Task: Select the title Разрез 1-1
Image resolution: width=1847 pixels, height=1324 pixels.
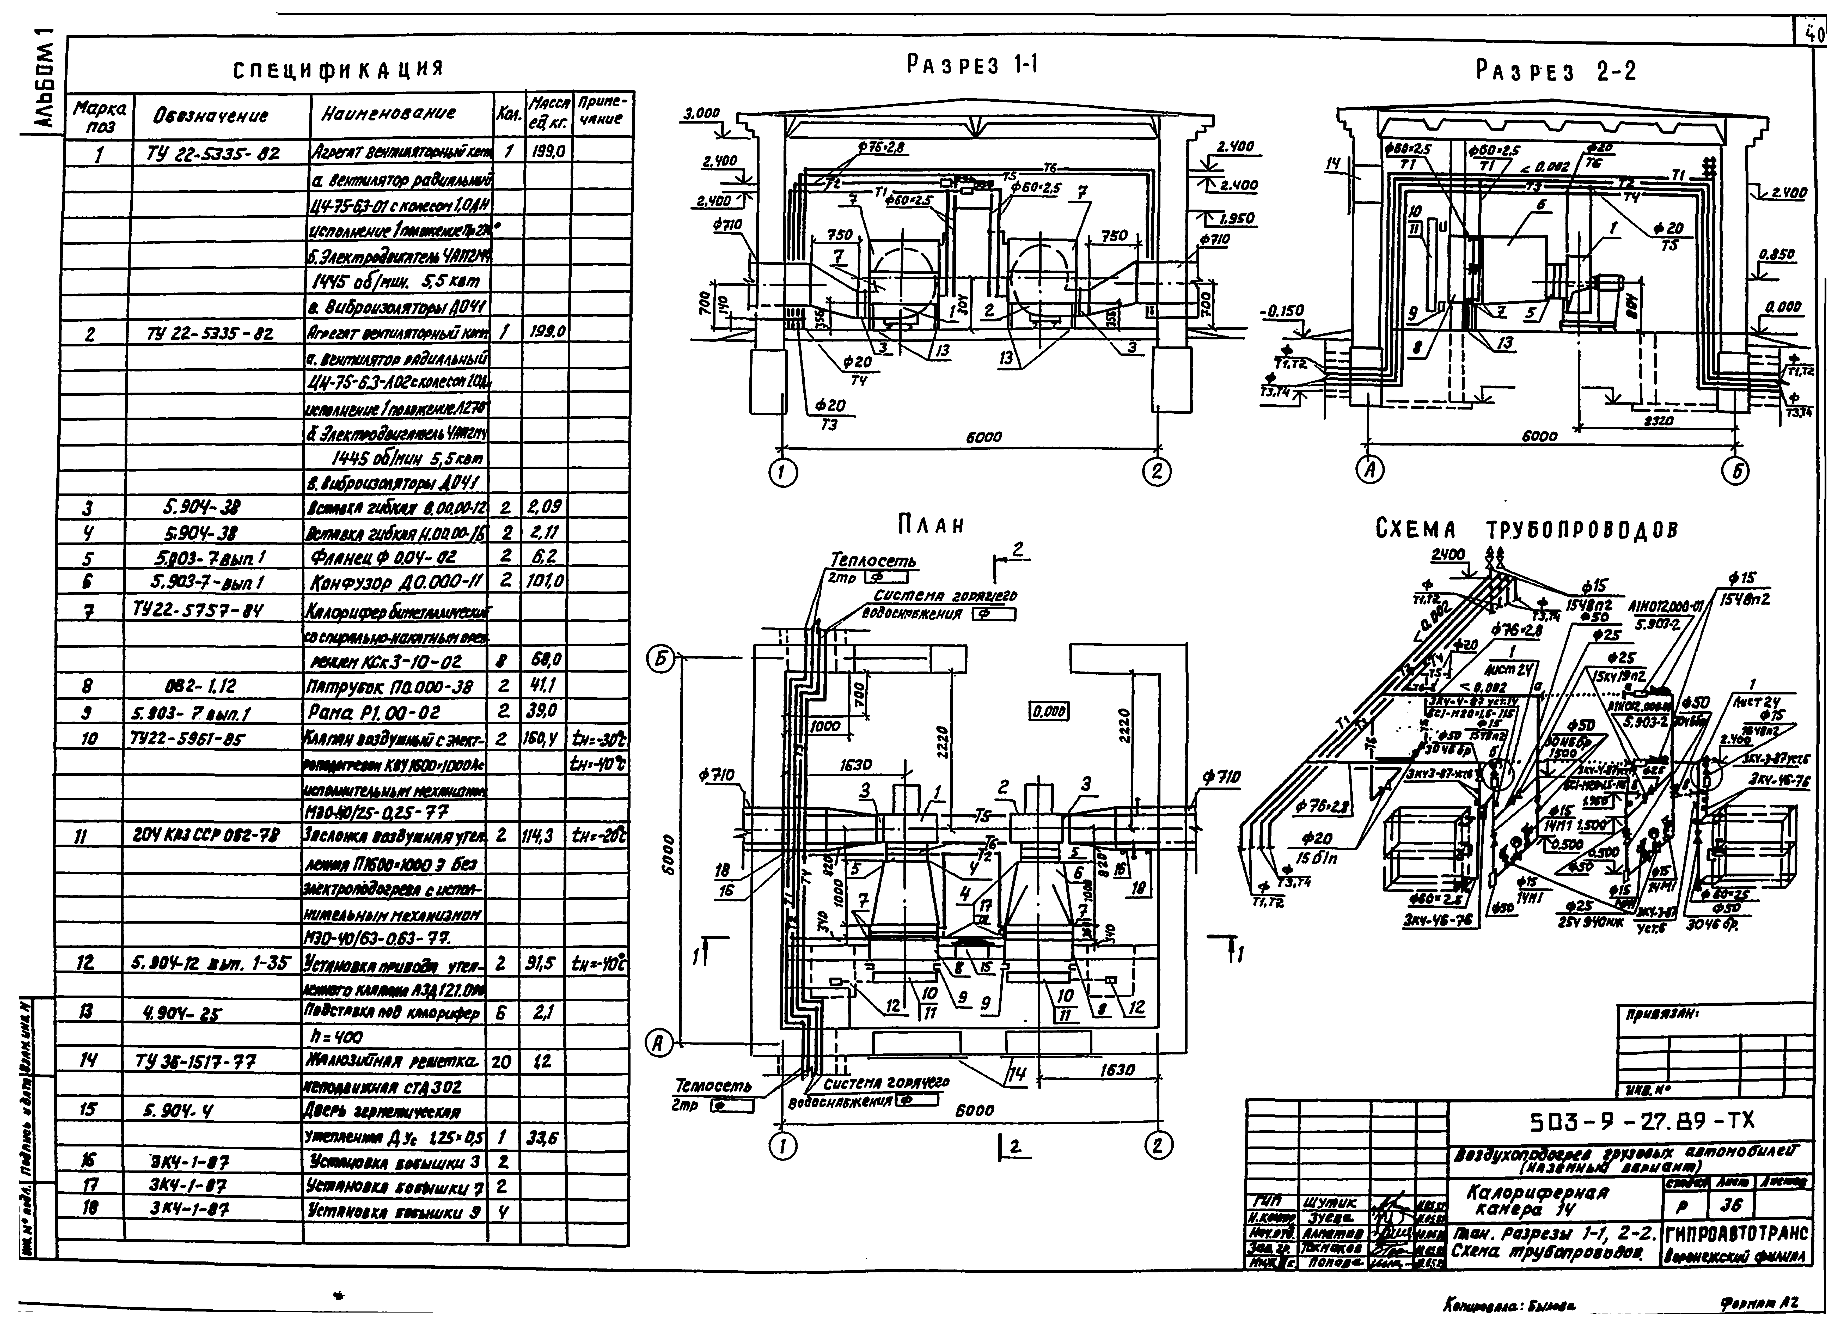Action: coord(971,65)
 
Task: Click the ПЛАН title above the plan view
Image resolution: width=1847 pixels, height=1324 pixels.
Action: coord(931,525)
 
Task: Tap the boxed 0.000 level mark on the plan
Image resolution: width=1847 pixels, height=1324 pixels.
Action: coord(1049,712)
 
